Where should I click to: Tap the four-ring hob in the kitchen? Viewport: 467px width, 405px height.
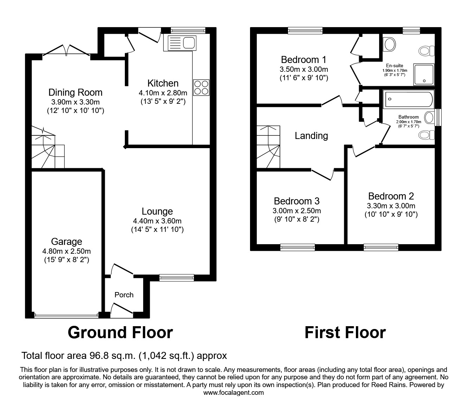coord(201,88)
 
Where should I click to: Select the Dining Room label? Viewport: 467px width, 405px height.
coord(75,93)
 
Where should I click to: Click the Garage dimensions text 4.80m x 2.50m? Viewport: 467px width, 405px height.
coord(66,251)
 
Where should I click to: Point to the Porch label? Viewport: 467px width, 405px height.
coord(124,295)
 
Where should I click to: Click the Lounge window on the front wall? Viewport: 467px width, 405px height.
coord(177,278)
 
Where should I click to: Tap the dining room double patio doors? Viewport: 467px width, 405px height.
coord(66,51)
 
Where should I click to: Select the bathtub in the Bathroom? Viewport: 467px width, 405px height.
coord(409,99)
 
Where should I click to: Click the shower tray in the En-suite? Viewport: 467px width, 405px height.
coord(424,75)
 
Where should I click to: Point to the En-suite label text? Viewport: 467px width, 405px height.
coord(395,65)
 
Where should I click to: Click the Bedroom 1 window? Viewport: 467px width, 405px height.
coord(305,31)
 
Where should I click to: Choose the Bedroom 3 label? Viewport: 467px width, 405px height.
coord(296,201)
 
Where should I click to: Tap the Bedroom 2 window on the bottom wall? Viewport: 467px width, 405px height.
coord(381,247)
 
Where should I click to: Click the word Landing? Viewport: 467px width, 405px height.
coord(311,136)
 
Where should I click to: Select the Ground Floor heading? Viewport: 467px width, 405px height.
coord(120,333)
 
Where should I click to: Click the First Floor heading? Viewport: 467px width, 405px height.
coord(345,333)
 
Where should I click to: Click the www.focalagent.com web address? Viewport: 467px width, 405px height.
coord(233,393)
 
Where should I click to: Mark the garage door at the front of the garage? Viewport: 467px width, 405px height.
coord(66,315)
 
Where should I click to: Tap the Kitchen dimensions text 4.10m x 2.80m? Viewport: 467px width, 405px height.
coord(163,93)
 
